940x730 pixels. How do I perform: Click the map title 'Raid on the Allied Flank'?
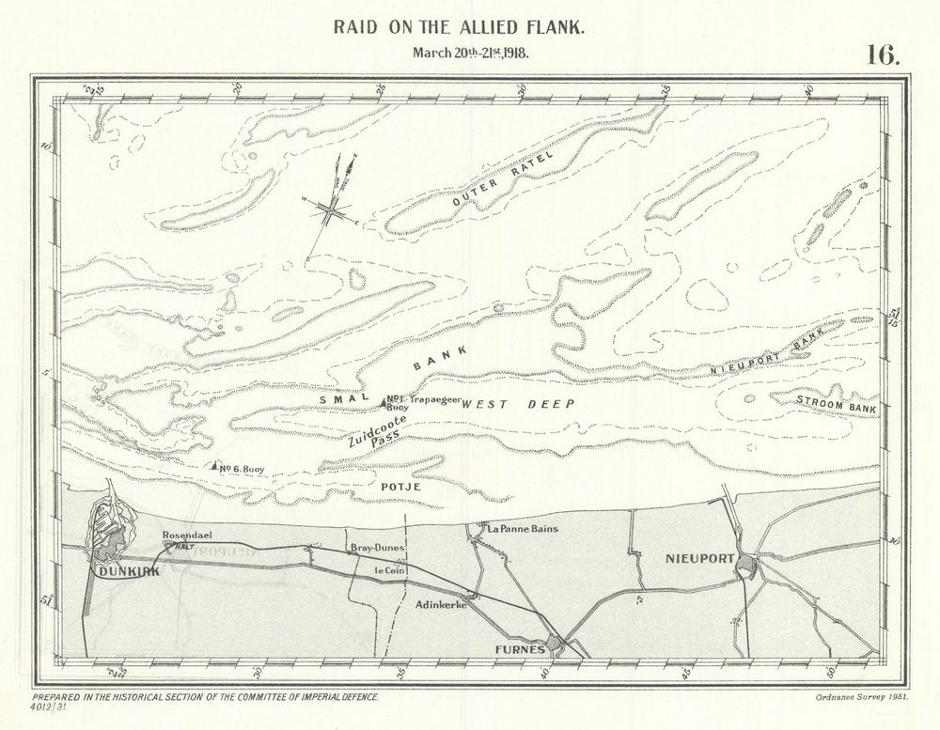coord(470,27)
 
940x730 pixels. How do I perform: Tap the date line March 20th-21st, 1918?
coord(470,52)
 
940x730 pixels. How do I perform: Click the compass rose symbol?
coord(332,211)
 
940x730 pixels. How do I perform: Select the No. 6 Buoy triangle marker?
coord(215,465)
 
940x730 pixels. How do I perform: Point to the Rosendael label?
coord(182,536)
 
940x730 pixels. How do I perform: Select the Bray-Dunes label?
coord(374,547)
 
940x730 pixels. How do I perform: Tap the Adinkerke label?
coord(441,608)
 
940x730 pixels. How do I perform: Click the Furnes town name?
coord(514,648)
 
